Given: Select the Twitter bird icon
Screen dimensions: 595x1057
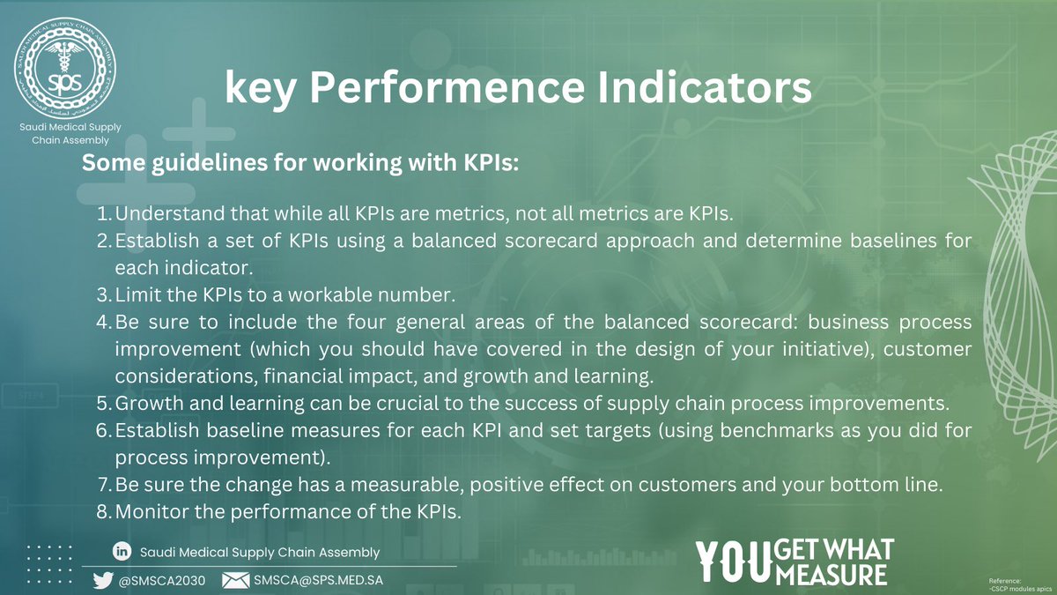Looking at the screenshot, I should click(102, 580).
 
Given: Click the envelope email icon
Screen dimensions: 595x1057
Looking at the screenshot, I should click(236, 580).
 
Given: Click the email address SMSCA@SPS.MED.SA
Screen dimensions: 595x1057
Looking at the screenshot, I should click(318, 580).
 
